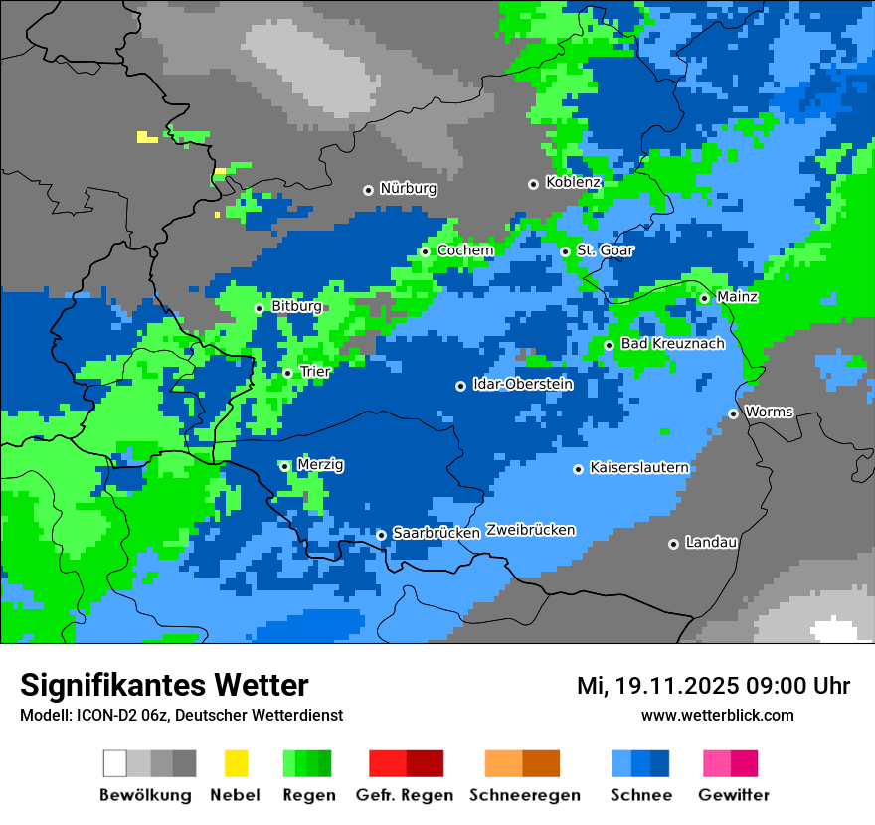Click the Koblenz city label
pos(573,182)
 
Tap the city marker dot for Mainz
pos(704,298)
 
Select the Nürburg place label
pos(408,188)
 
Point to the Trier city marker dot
pos(287,373)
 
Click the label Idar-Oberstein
pos(522,384)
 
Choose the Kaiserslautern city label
pos(638,467)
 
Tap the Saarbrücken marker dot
pos(381,535)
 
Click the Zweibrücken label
pos(530,530)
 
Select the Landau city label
pos(711,542)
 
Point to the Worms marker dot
pos(733,413)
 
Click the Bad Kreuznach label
pos(672,343)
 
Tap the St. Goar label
pos(605,250)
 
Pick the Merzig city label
pos(320,464)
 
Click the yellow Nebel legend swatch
pos(236,763)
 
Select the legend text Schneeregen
pos(511,795)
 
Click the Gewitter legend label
pos(733,795)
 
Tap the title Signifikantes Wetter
pos(164,685)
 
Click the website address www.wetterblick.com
pos(717,715)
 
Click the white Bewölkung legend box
pos(115,763)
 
